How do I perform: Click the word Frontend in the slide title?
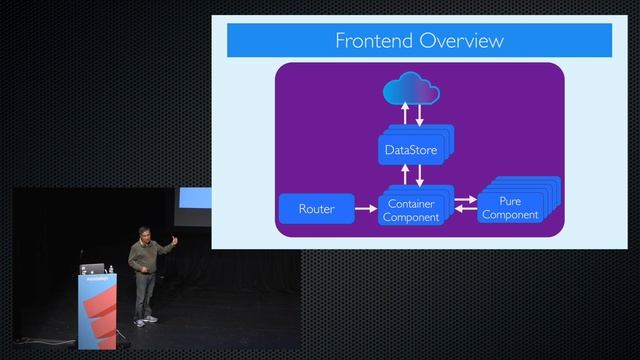(372, 41)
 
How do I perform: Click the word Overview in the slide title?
(460, 41)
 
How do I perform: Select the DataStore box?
(410, 150)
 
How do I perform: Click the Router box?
(316, 209)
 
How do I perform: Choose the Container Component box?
(411, 210)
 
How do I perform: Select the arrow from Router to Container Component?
(358, 209)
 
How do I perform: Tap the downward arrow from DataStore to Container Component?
(419, 174)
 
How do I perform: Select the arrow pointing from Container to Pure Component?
(465, 201)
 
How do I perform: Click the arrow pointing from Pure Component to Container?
(465, 214)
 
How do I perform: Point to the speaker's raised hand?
(174, 239)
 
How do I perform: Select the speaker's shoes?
(146, 320)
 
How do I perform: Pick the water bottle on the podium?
(112, 268)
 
